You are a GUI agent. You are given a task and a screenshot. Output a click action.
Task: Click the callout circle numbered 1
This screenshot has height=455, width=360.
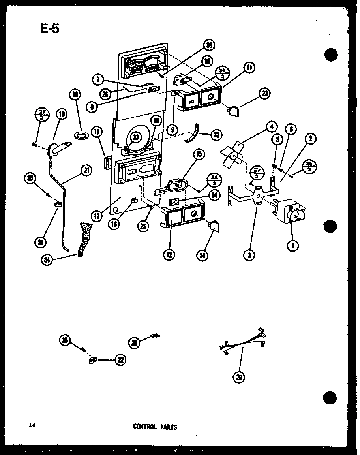coord(292,246)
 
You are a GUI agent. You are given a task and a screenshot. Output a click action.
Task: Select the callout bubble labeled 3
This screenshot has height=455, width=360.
coord(249,255)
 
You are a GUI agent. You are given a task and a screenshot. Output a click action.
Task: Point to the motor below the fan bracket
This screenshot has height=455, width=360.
coord(291,212)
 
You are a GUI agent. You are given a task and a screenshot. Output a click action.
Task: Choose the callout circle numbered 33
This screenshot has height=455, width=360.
coord(136,137)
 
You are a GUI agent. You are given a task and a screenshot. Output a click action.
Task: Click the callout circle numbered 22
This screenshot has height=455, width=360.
coord(119,359)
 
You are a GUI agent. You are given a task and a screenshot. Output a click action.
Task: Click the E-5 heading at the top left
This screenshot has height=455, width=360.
coord(49,28)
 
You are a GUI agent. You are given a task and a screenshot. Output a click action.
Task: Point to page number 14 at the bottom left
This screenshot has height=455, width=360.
coord(32,425)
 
